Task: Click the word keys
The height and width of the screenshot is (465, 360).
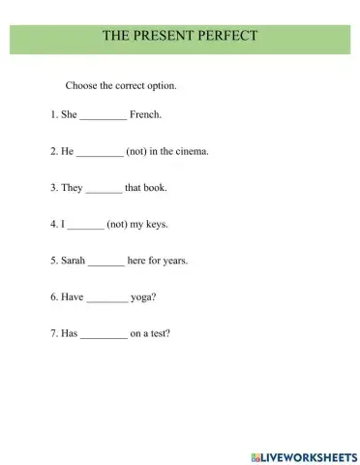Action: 155,225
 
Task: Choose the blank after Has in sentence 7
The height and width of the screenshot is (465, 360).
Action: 104,336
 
